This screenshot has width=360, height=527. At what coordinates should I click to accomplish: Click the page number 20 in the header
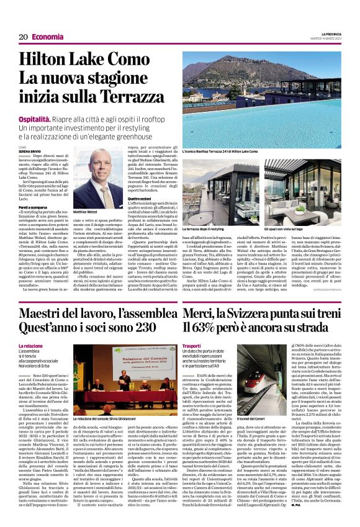click(22, 37)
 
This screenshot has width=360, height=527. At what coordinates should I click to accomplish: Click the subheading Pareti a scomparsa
click(33, 206)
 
